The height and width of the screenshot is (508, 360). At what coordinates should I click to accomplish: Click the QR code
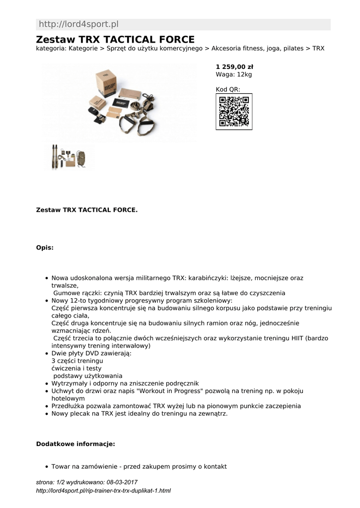(234, 112)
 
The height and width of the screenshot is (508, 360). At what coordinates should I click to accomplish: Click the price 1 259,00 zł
(234, 66)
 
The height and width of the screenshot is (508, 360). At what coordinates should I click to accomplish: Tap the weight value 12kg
(244, 74)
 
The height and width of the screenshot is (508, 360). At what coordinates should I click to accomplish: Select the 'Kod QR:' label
(228, 89)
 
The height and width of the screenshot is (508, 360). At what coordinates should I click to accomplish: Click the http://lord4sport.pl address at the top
(78, 24)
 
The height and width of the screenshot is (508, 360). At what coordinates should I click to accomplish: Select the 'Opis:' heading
(45, 248)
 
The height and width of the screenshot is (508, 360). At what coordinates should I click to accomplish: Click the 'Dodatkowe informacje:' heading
(75, 444)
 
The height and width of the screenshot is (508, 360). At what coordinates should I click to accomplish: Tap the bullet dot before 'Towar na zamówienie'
(46, 467)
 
